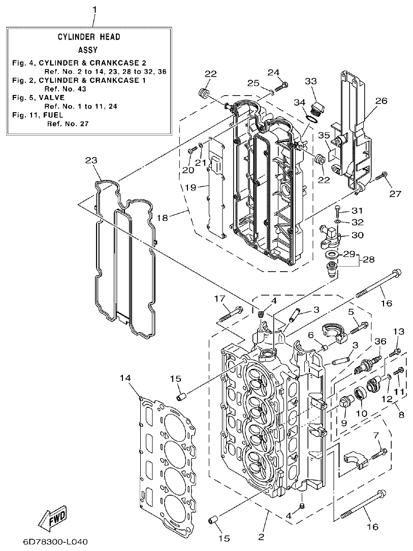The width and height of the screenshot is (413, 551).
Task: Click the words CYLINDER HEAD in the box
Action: [x=88, y=38]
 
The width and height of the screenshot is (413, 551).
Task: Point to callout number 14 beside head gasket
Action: [x=126, y=377]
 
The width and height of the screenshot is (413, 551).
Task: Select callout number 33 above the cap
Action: [x=311, y=81]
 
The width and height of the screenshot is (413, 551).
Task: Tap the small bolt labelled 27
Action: [x=382, y=178]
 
